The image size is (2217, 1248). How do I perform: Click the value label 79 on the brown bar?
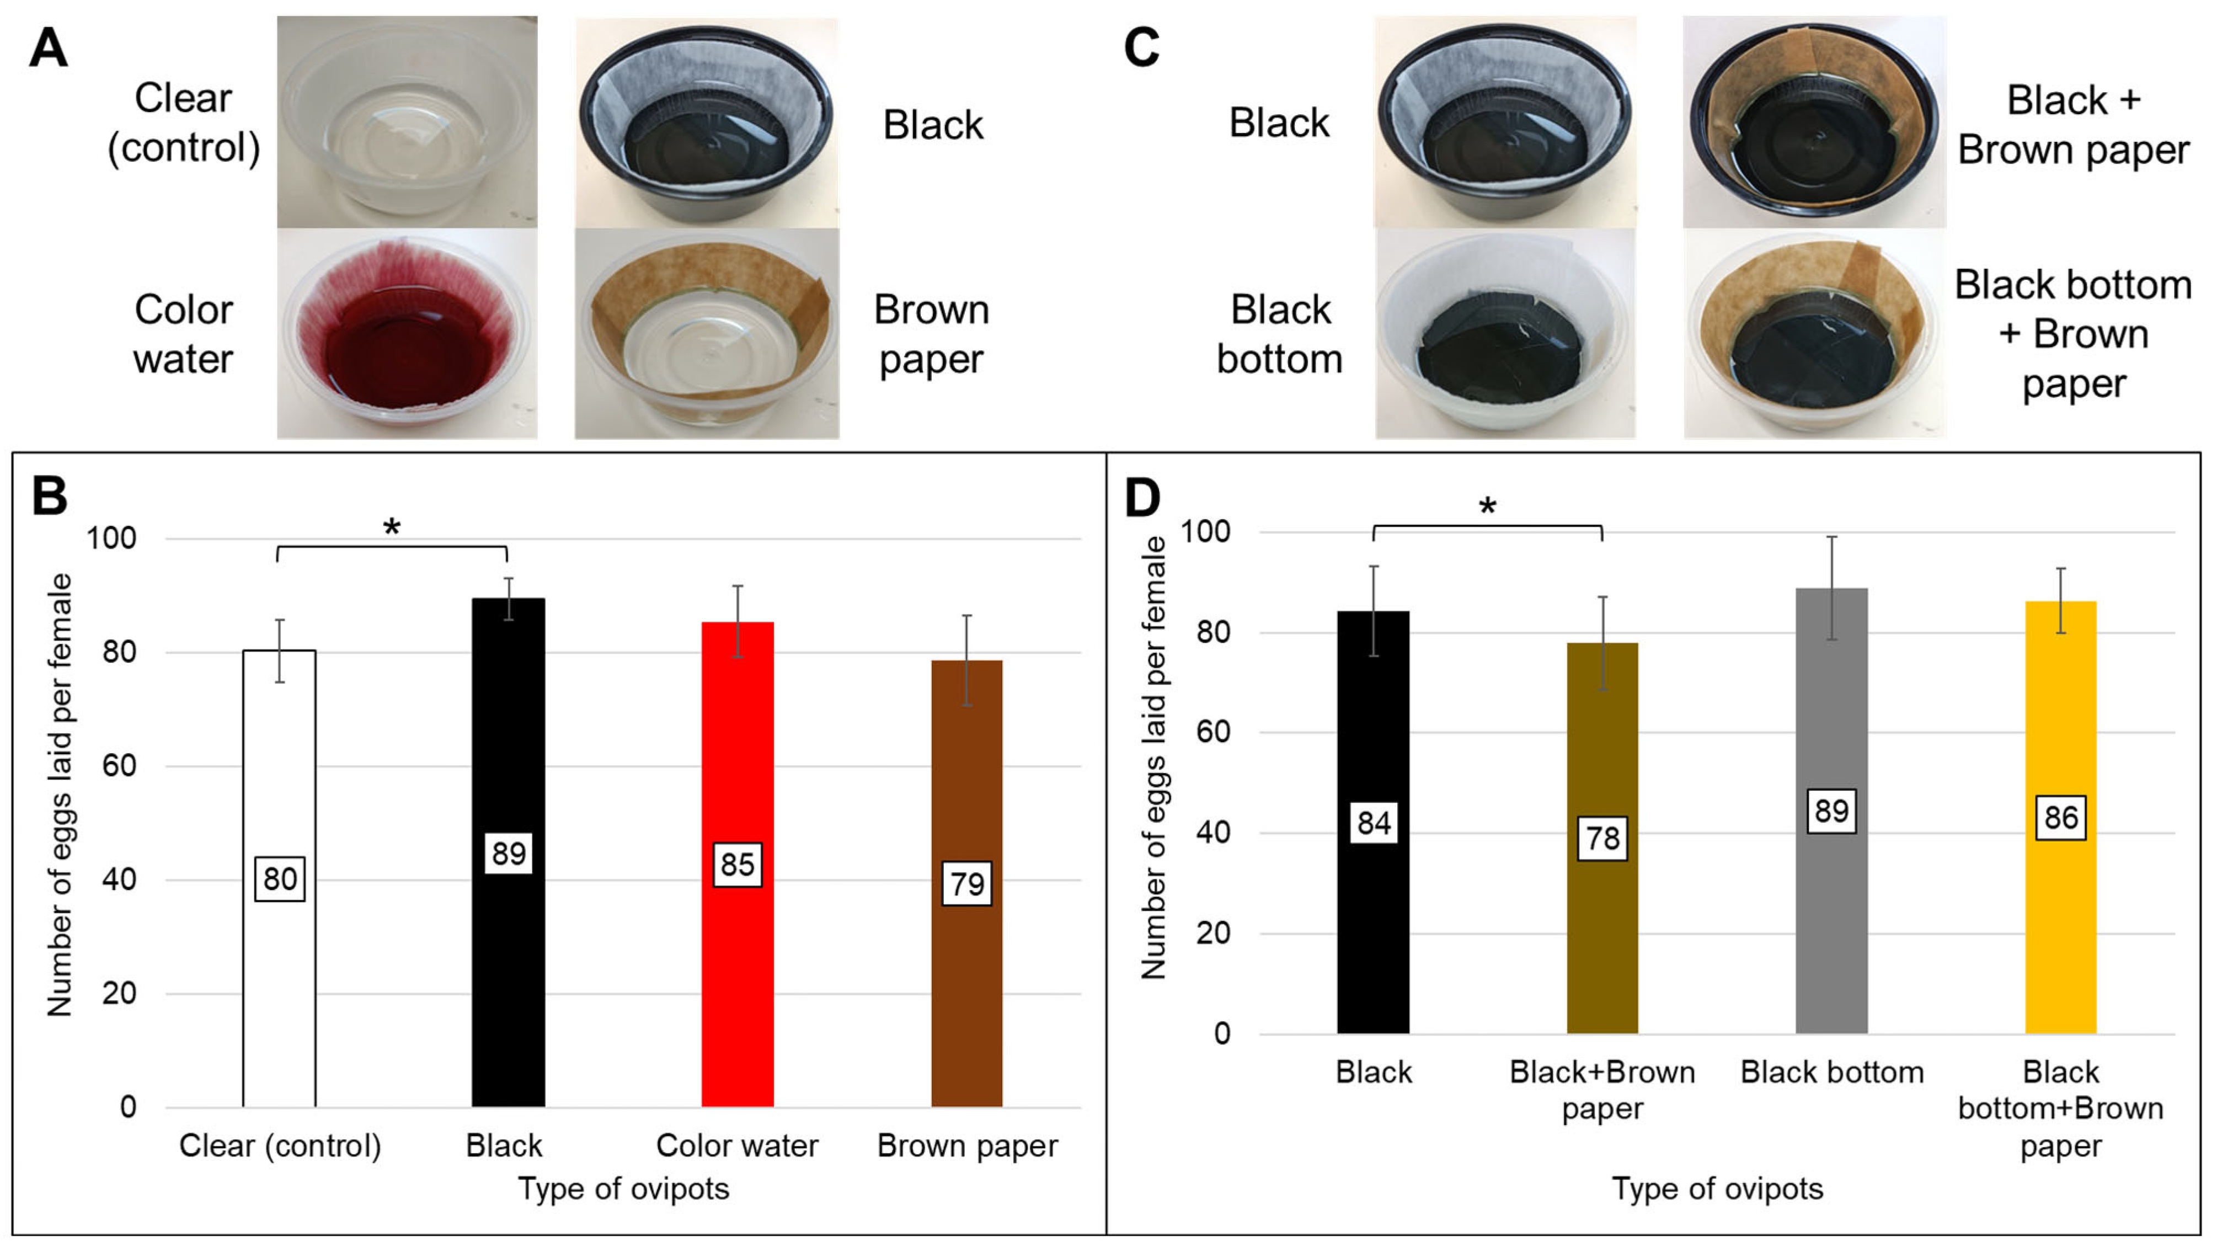966,883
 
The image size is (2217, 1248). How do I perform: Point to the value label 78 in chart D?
1601,838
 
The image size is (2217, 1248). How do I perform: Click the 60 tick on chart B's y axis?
119,765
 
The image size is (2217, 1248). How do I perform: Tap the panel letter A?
48,48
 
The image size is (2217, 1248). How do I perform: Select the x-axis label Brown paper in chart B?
966,1145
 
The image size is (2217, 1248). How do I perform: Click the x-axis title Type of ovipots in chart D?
1717,1188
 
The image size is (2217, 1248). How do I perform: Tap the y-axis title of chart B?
60,796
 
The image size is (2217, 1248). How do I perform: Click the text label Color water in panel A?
183,334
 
